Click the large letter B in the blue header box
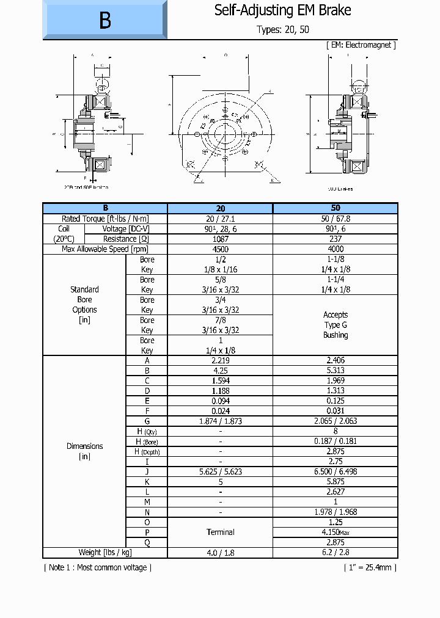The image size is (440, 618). (x=105, y=20)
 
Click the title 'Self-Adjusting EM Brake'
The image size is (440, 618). (x=282, y=10)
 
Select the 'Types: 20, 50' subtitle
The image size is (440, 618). (x=282, y=30)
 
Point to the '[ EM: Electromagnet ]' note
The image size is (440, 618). (x=362, y=45)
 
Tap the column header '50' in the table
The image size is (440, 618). (x=335, y=208)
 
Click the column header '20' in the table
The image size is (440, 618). (x=220, y=208)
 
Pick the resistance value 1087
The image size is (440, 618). (x=220, y=239)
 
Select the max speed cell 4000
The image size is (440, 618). (x=335, y=249)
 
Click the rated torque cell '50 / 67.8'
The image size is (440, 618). (x=335, y=219)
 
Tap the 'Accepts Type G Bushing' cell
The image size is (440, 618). (x=335, y=325)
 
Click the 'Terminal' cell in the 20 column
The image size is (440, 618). (x=220, y=532)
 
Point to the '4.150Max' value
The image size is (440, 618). (x=335, y=532)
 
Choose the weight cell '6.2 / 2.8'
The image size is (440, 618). (x=335, y=552)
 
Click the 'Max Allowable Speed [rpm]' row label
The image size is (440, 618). (x=105, y=249)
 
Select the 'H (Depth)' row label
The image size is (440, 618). (x=147, y=451)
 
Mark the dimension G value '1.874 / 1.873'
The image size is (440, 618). (x=220, y=421)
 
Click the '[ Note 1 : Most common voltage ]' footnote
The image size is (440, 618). (x=98, y=567)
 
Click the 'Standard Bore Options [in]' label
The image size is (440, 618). (x=84, y=304)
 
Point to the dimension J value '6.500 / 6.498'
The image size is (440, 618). (x=335, y=471)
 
